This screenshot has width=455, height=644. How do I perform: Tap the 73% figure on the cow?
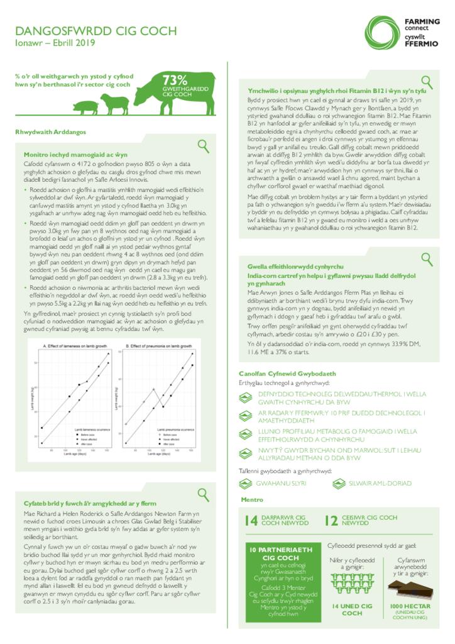pos(175,80)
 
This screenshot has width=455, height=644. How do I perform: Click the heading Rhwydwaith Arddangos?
pos(50,132)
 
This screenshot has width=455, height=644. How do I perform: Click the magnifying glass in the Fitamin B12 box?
pos(427,82)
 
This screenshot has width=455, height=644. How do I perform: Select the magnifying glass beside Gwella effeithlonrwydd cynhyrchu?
pos(427,258)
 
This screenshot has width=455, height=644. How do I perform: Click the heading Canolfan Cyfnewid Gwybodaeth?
pos(287,374)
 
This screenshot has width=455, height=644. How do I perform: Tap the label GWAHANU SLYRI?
pos(281,483)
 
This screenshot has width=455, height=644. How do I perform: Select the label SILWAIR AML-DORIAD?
pos(380,483)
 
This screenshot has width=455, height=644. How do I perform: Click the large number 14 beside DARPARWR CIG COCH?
pos(251,521)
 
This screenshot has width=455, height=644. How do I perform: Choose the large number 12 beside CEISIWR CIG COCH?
pos(332,521)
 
